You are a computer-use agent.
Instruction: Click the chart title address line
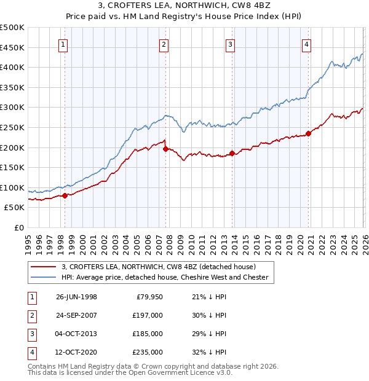[184, 7]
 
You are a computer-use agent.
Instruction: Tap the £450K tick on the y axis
[12, 47]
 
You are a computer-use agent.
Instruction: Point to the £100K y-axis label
[12, 187]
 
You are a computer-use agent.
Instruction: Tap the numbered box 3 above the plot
[229, 44]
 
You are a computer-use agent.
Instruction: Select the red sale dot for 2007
[165, 149]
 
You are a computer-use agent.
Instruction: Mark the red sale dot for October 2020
[308, 133]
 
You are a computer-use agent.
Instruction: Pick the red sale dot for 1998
[65, 195]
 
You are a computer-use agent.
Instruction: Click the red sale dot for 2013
[232, 154]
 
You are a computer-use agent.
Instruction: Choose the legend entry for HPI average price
[165, 277]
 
